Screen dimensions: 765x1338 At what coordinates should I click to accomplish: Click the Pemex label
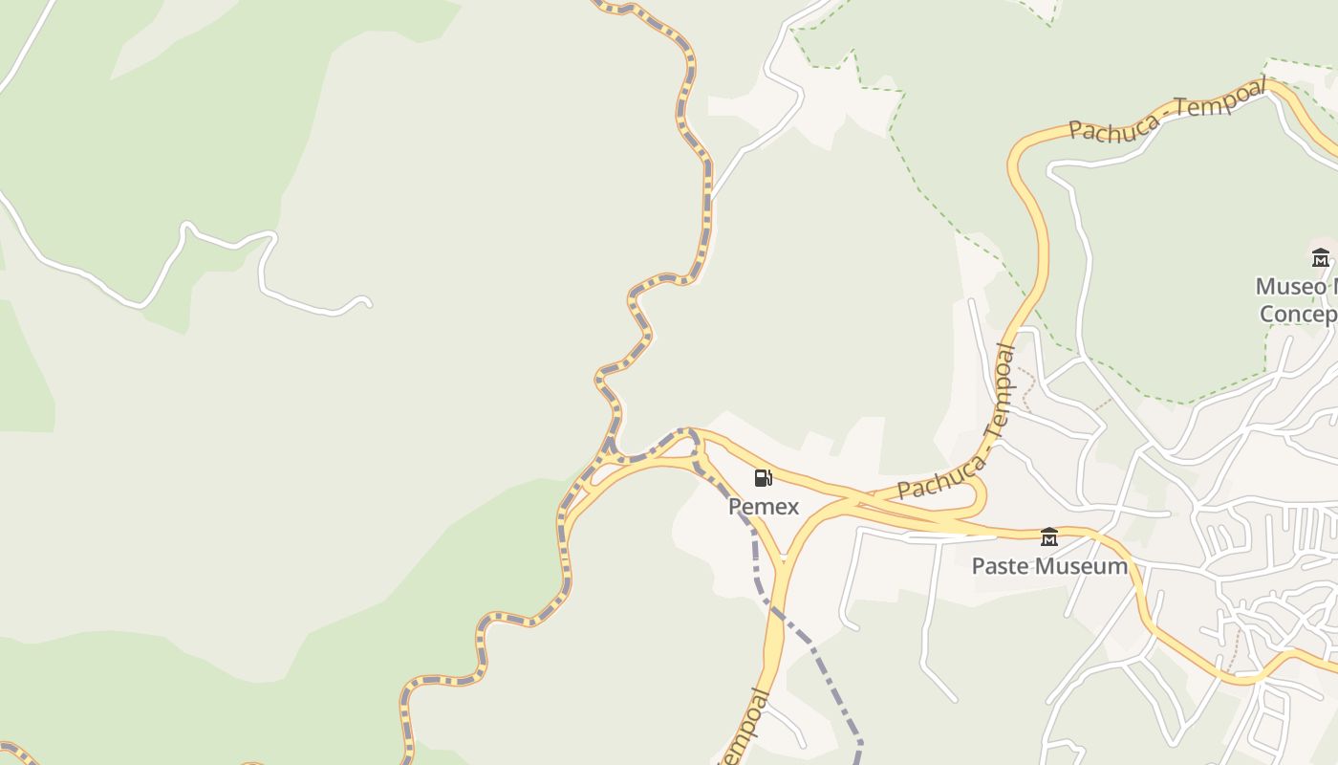pos(764,507)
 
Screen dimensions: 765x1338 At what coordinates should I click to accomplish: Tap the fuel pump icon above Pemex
pos(764,478)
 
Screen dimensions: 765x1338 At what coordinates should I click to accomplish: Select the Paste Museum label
pos(1049,566)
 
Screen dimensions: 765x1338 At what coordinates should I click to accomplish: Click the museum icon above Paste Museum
pos(1049,537)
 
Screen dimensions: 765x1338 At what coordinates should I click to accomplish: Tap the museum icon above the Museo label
pos(1321,258)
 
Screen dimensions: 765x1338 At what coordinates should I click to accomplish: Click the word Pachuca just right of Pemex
pos(939,478)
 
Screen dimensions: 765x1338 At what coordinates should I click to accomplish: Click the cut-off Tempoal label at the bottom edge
pos(745,732)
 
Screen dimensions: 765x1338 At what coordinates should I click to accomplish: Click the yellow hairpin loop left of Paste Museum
pos(975,497)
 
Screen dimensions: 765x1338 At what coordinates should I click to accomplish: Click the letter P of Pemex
pos(735,507)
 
